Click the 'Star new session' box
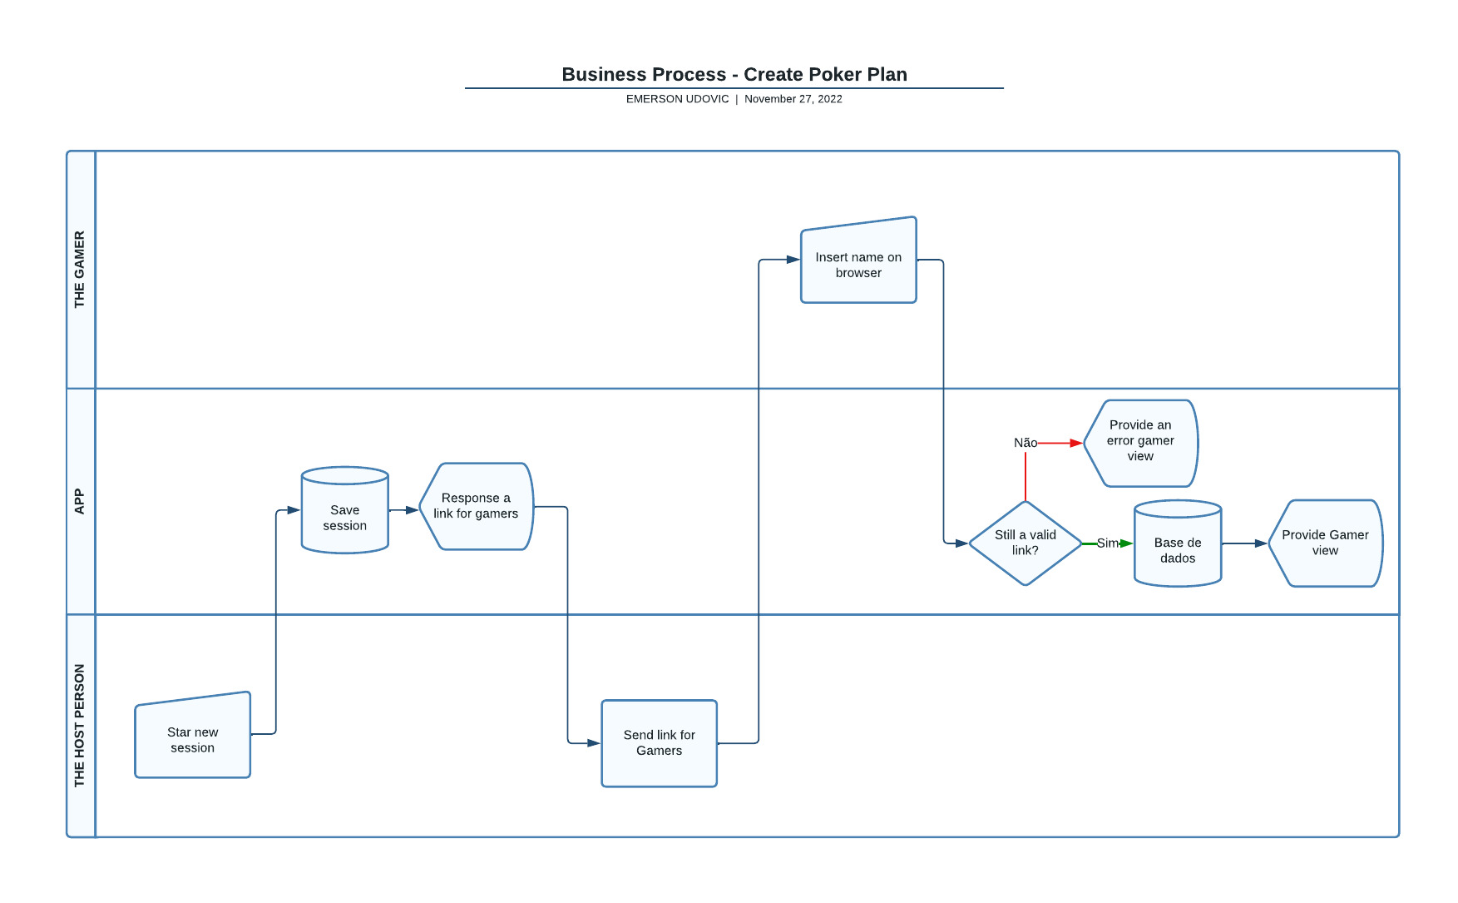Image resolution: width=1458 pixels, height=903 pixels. (192, 739)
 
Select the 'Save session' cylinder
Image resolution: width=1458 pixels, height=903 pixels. (344, 517)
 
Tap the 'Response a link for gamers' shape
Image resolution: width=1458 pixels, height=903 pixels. (476, 506)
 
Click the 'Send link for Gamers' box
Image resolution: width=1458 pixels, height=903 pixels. (659, 742)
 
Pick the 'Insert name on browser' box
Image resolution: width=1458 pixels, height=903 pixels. (858, 265)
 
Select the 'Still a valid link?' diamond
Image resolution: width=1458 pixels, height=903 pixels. (1025, 543)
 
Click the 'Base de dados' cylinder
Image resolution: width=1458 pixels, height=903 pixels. (1177, 549)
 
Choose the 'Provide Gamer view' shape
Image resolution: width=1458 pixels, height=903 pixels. (1325, 543)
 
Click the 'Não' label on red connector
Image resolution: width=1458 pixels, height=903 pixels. (1025, 443)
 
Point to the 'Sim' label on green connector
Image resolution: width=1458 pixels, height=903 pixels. (1107, 543)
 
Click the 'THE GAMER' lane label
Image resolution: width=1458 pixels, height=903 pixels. (80, 269)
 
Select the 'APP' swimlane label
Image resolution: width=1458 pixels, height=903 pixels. (80, 501)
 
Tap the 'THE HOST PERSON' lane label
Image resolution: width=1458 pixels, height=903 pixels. (80, 725)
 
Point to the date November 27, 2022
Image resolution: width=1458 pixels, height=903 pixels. (793, 98)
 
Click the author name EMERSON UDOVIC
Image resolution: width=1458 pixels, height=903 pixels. (677, 98)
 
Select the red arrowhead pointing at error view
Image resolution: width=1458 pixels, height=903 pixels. (1076, 443)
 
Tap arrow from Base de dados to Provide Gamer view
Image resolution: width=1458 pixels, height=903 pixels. (1245, 543)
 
